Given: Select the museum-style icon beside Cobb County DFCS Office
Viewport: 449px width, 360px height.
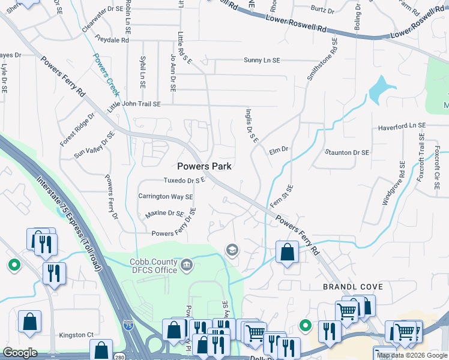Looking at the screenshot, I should click(x=187, y=263).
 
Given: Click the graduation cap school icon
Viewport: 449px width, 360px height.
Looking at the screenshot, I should click(x=232, y=250).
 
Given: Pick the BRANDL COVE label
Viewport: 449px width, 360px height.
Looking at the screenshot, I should click(x=353, y=287).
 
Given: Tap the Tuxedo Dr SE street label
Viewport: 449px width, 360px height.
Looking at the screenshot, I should click(x=185, y=180).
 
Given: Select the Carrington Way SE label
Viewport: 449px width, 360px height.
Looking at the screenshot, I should click(x=166, y=196).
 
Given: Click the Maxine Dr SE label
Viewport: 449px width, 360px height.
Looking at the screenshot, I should click(x=164, y=213).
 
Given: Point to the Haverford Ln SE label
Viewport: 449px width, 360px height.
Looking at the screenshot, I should click(x=401, y=127).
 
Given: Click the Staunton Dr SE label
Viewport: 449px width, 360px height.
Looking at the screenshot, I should click(x=346, y=152).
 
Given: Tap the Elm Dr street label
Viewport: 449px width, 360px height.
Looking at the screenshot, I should click(x=279, y=149).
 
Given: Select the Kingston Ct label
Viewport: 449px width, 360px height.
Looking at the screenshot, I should click(x=76, y=335).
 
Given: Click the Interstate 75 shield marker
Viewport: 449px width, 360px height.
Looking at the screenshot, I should click(x=128, y=325).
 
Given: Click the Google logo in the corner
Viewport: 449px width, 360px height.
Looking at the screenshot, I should click(x=20, y=353).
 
